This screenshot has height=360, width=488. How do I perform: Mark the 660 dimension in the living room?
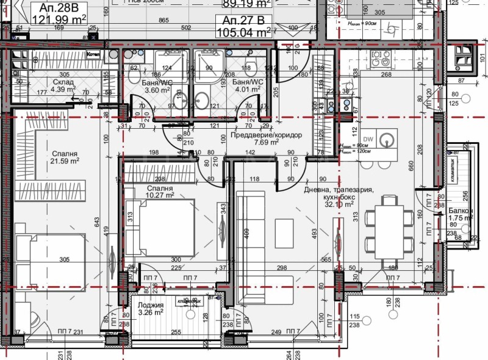[x=411, y=165]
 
